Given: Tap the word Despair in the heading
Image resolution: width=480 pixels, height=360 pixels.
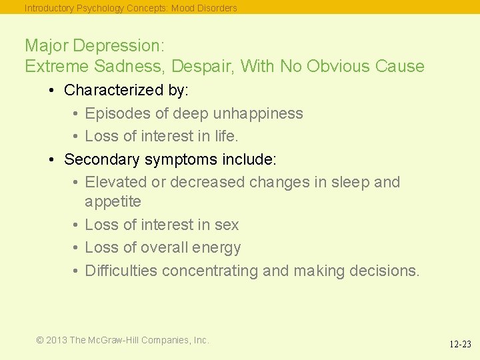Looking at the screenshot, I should pos(202,67).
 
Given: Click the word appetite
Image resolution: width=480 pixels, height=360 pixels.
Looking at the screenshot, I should pos(113,201).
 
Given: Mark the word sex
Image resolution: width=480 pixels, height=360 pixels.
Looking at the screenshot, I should pos(227,225).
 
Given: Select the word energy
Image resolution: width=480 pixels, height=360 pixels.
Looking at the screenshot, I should pos(220,248).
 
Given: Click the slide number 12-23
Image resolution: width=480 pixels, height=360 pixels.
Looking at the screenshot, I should pos(459,345).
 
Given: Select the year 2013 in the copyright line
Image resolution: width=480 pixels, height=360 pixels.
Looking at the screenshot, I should pos(57,340).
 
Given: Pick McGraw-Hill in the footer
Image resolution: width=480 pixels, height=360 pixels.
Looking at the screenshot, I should pos(117,340).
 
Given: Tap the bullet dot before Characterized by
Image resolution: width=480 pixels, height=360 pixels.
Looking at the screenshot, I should pos(52,90).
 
